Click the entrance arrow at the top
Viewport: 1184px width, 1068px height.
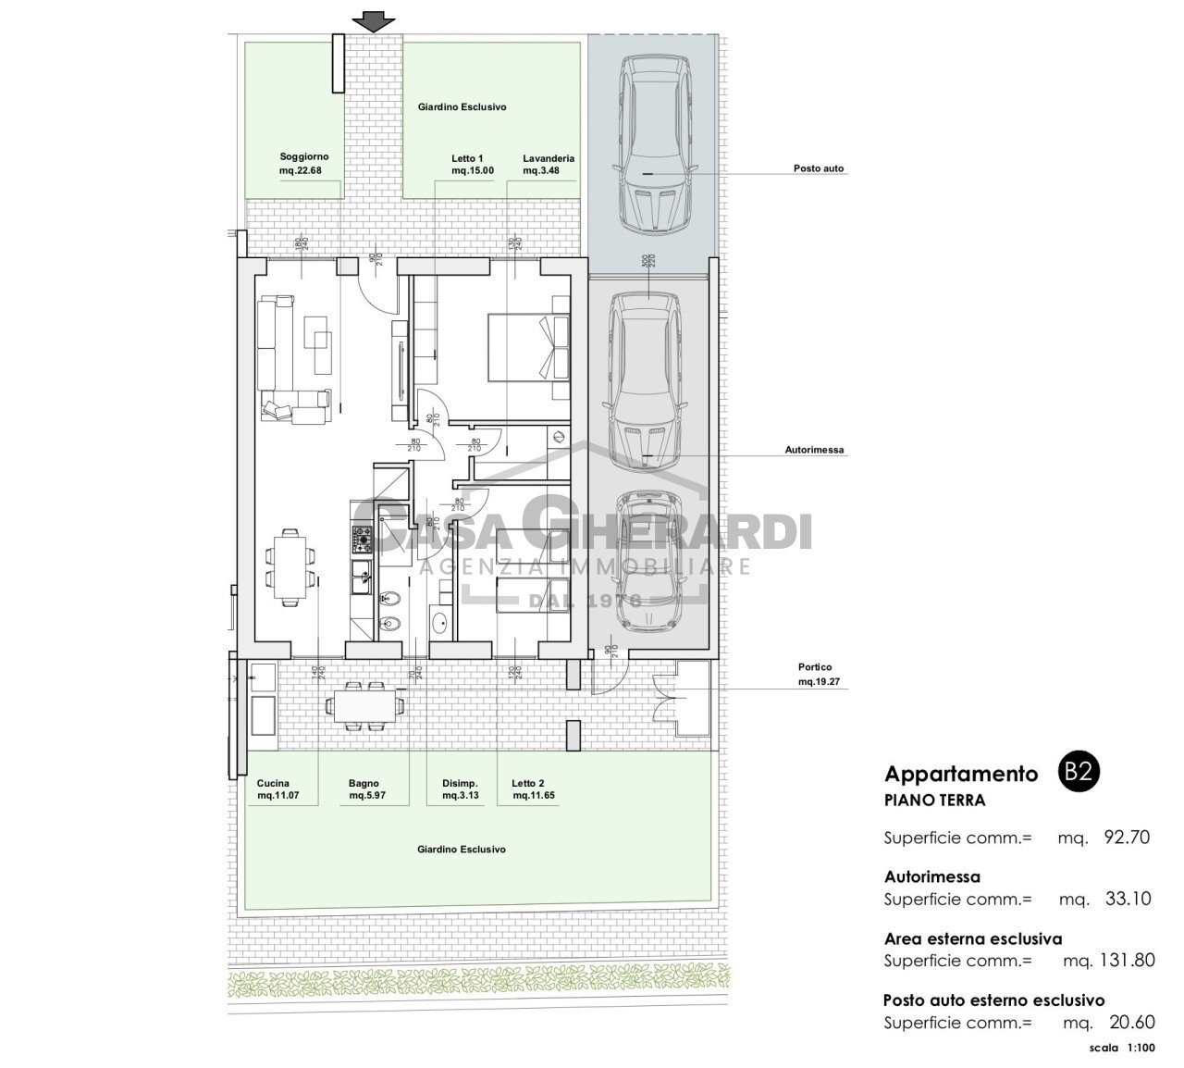pos(373,20)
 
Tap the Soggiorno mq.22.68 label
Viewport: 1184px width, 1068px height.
pos(303,164)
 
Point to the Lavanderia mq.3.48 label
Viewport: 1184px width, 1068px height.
pos(548,164)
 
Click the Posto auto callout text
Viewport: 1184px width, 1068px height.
pos(818,169)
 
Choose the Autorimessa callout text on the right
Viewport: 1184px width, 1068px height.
pos(814,451)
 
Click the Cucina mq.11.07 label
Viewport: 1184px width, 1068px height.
pos(278,789)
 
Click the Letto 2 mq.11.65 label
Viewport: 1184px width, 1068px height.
pos(534,789)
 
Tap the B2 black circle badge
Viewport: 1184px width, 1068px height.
pos(1076,774)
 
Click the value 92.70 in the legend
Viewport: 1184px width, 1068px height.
pos(1126,838)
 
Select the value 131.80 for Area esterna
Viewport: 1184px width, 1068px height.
pos(1121,960)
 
